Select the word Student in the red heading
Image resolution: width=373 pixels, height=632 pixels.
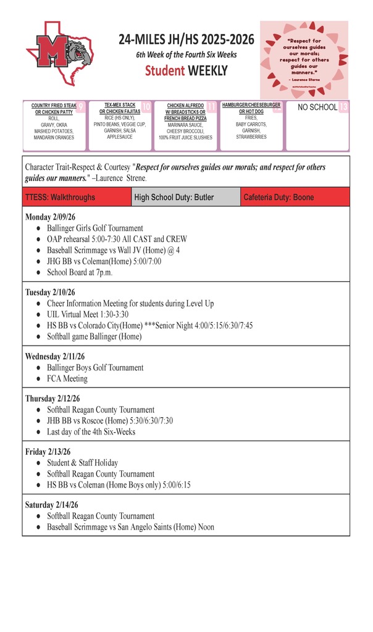click(166, 71)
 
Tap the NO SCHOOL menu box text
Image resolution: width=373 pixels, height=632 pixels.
click(317, 107)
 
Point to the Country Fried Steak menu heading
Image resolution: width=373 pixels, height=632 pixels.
click(54, 109)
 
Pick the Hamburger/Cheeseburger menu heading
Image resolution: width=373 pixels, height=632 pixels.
click(251, 108)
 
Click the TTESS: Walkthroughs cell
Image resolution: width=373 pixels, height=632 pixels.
click(61, 197)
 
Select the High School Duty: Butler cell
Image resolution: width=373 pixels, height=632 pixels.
click(174, 197)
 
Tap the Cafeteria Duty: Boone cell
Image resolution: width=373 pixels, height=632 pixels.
click(279, 197)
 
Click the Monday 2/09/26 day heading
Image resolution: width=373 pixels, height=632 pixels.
click(50, 217)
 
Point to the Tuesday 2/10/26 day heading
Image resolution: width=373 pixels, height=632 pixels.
click(50, 293)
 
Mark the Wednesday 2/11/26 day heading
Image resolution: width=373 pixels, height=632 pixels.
click(55, 357)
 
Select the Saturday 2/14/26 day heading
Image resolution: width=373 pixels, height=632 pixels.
click(51, 505)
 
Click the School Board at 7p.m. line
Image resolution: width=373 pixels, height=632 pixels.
click(80, 272)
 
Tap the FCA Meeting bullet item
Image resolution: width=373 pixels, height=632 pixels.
click(67, 378)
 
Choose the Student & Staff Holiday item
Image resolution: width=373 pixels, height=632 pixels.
click(82, 463)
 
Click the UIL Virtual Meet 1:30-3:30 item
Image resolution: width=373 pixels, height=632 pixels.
click(88, 314)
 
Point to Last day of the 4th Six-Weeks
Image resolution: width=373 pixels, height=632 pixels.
click(91, 431)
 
